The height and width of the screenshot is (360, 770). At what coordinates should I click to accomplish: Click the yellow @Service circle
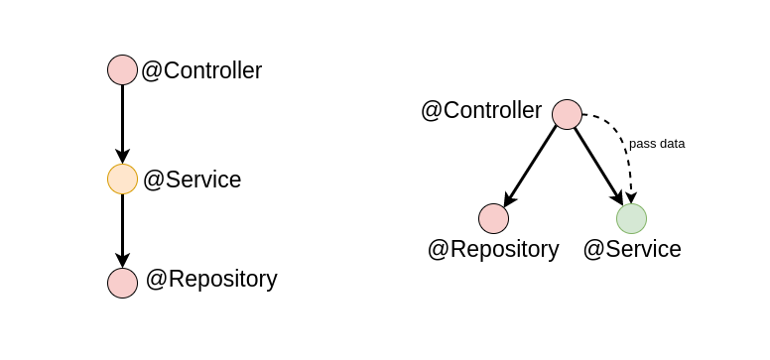click(122, 179)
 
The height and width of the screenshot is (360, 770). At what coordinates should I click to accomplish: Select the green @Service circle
click(631, 218)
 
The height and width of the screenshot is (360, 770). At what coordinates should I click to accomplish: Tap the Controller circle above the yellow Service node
click(122, 69)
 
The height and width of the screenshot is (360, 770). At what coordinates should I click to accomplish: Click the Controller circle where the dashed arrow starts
click(567, 114)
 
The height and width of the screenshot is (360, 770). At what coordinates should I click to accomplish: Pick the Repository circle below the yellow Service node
click(122, 283)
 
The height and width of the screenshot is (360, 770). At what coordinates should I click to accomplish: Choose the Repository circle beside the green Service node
click(493, 218)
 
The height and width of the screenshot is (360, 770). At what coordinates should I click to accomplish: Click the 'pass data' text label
click(657, 143)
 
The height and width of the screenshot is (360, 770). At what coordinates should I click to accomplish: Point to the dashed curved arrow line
click(621, 134)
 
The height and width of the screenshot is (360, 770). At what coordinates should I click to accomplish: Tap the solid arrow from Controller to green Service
click(596, 163)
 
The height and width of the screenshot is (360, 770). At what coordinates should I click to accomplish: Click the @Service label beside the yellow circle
click(192, 180)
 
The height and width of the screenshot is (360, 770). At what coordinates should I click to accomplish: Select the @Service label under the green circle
click(632, 249)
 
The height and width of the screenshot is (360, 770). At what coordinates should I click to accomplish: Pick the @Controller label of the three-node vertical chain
click(201, 70)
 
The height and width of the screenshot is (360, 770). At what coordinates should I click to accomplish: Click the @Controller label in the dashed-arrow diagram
click(481, 110)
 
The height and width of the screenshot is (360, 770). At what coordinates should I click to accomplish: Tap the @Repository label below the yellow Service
click(211, 279)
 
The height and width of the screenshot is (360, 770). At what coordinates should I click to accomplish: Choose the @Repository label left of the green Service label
click(493, 249)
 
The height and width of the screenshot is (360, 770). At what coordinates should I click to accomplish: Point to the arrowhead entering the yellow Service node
click(122, 157)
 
